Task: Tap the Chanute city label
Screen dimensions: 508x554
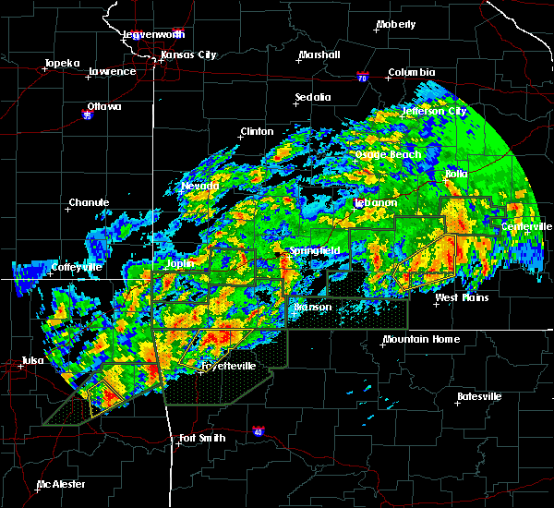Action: pos(89,202)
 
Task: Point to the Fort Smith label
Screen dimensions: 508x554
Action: pos(201,438)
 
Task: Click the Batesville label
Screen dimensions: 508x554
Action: pos(479,396)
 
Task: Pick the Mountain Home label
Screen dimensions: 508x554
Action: pos(414,339)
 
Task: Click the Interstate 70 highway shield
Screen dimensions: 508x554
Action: pos(363,79)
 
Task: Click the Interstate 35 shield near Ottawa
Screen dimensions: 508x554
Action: pos(87,116)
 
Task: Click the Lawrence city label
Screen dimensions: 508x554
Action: pos(112,71)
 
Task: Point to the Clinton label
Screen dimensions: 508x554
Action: pos(258,131)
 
